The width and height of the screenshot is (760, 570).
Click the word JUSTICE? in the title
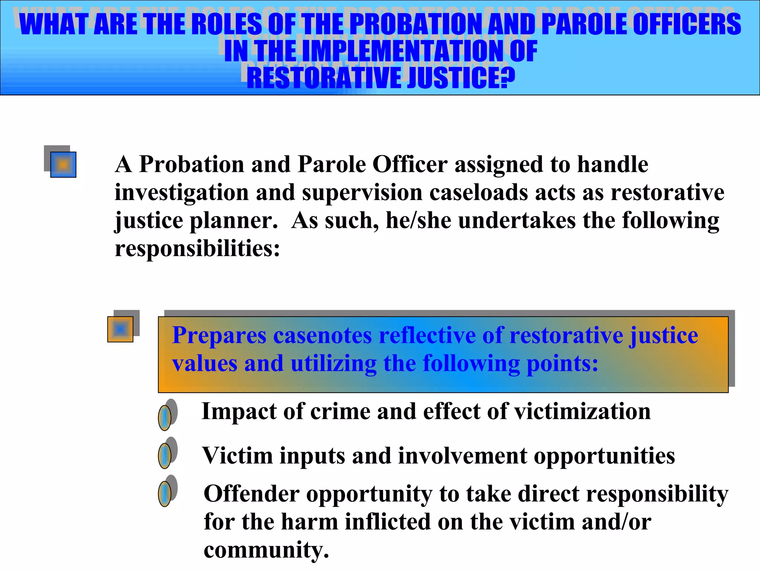461,78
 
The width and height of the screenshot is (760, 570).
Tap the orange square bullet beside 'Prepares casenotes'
120,329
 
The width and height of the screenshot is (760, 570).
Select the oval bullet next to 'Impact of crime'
165,417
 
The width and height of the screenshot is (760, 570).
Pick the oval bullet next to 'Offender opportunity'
165,494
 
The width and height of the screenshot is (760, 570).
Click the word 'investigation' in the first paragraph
181,193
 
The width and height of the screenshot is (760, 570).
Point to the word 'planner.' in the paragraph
234,221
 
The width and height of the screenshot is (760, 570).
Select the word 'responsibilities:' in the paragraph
197,249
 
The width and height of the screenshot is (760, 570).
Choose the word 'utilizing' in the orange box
333,364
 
